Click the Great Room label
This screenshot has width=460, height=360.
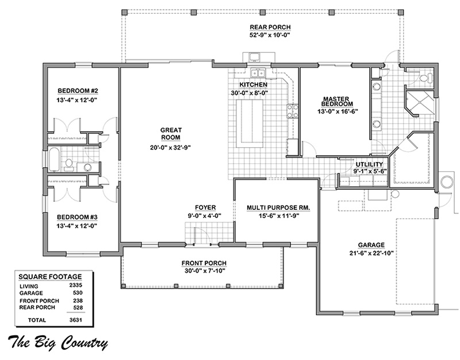(171, 133)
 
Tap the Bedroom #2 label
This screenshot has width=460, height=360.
(76, 90)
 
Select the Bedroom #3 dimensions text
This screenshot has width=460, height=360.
(77, 226)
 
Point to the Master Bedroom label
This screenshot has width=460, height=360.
(336, 102)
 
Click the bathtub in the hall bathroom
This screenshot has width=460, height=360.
(54, 159)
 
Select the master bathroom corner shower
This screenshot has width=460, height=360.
(419, 103)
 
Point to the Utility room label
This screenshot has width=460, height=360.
(369, 164)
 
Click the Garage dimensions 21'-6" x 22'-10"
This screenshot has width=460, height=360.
(371, 253)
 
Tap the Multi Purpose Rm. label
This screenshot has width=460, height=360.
(278, 208)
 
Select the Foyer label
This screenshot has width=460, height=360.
(205, 208)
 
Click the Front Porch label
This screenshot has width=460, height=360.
(204, 263)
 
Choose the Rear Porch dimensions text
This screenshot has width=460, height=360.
(270, 35)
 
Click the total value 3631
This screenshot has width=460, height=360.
(76, 320)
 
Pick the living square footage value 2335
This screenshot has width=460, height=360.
(76, 285)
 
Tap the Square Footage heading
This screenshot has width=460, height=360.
(50, 277)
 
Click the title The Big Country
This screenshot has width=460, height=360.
(57, 342)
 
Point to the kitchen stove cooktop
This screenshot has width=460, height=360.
(292, 111)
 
